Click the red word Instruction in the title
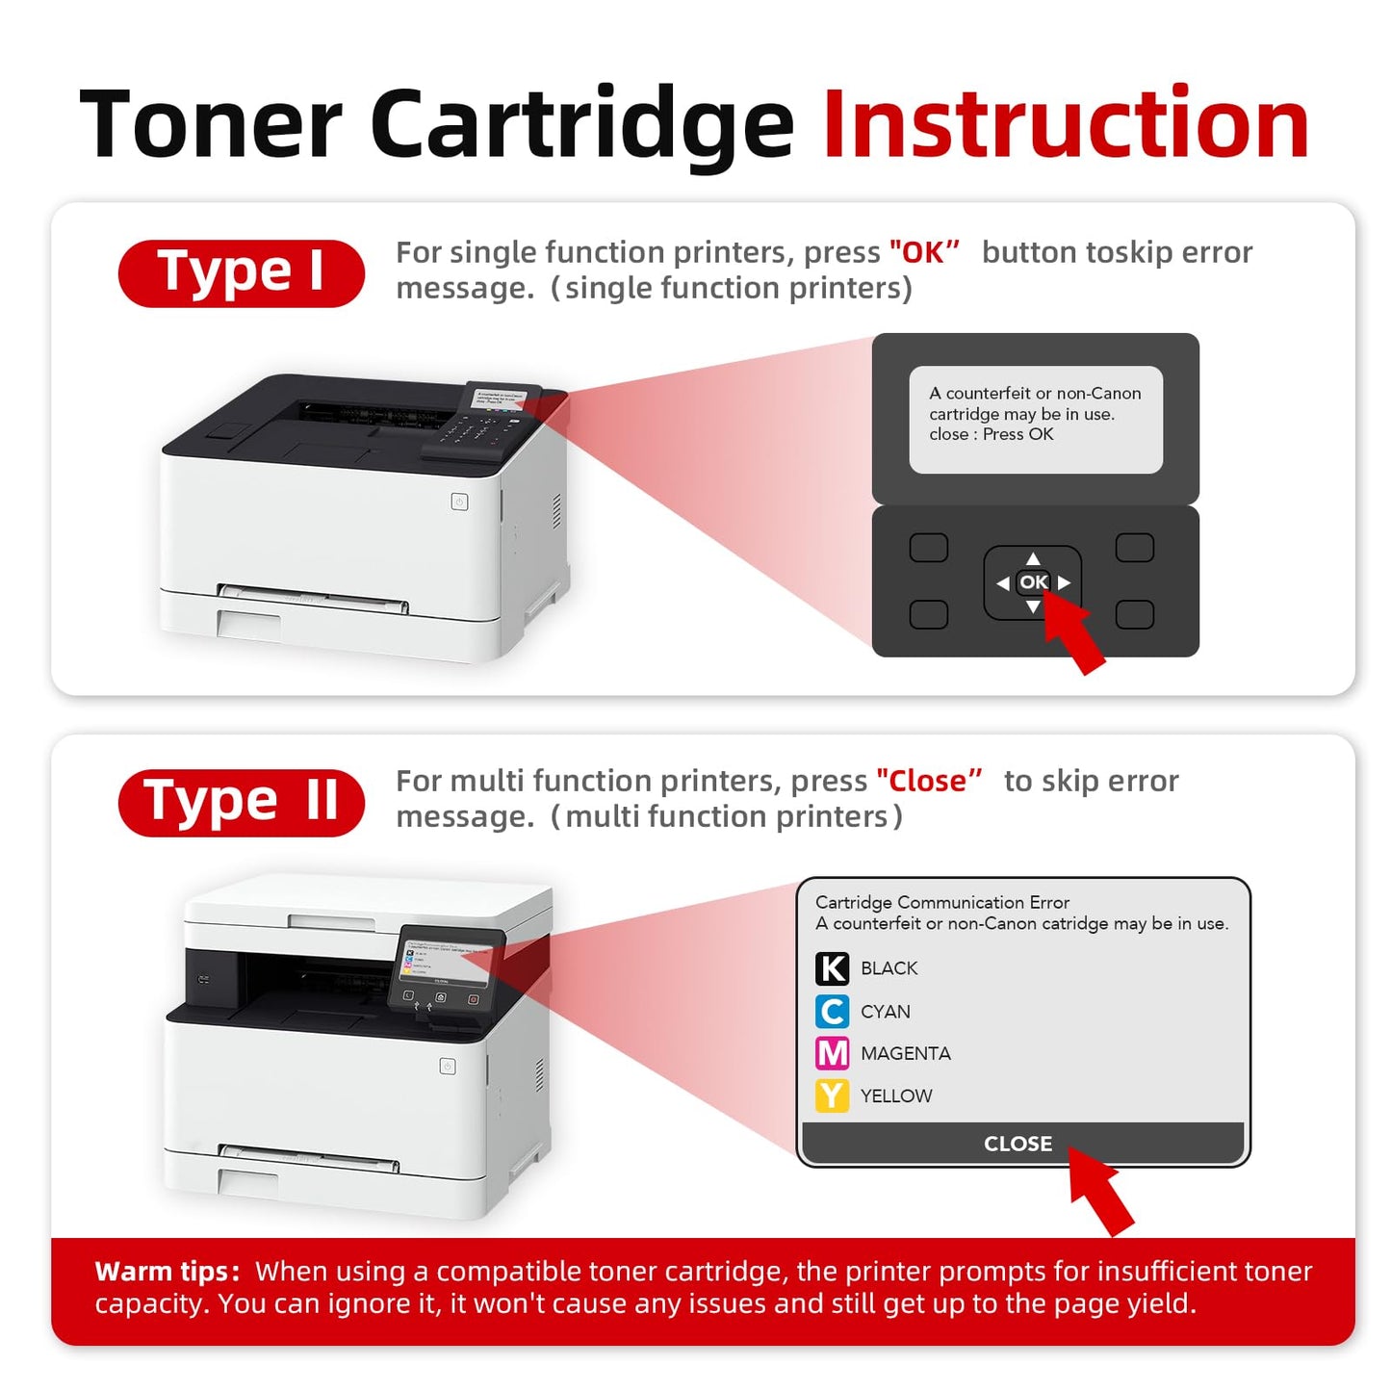click(1066, 125)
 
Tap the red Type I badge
click(241, 273)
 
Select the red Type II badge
click(241, 803)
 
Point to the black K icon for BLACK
click(832, 968)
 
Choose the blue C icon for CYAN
click(832, 1012)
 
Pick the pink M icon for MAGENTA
click(832, 1053)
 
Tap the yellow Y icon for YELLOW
click(832, 1095)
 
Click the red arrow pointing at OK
click(1076, 633)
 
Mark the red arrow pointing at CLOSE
click(1102, 1192)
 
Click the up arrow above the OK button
click(1033, 559)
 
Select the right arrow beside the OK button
click(1064, 582)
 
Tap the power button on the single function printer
click(460, 502)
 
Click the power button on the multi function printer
click(448, 1066)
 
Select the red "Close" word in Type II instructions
click(928, 782)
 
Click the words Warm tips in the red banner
click(167, 1272)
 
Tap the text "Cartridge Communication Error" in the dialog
click(941, 902)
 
